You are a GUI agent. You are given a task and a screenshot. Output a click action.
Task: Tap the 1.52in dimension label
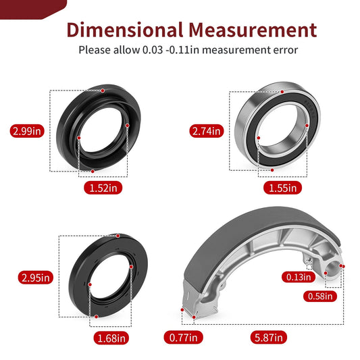103,188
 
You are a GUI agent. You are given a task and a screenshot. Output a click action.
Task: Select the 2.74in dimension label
207,131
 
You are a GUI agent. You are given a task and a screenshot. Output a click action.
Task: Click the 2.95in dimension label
36,277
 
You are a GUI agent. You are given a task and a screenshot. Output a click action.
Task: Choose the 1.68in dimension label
110,337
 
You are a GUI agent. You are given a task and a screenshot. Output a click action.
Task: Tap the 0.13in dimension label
298,276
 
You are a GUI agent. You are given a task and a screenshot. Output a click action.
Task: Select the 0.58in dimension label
320,295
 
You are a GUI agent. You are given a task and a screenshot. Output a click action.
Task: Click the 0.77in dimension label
182,337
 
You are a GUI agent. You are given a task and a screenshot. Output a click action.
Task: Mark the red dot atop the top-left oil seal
102,90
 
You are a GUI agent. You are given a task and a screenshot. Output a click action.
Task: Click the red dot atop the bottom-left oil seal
118,235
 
